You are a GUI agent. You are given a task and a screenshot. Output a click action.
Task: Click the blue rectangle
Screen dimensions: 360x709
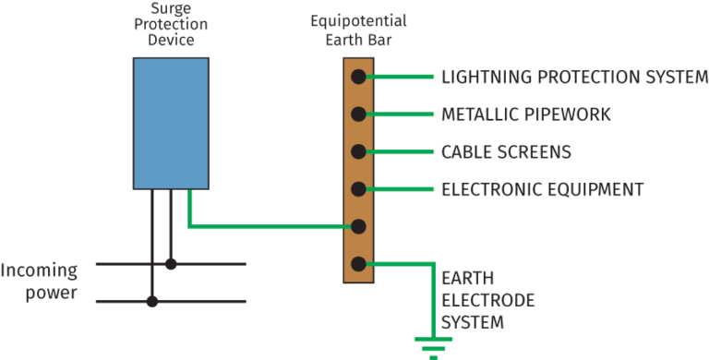pyautogui.click(x=171, y=123)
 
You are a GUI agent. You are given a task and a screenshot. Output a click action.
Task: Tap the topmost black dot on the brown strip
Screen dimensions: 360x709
pyautogui.click(x=358, y=77)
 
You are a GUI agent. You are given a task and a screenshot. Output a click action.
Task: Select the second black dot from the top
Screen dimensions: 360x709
pyautogui.click(x=358, y=114)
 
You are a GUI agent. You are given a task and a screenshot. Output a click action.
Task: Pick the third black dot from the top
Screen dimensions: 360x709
pyautogui.click(x=358, y=151)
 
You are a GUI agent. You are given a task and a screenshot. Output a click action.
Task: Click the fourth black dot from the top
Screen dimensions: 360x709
pyautogui.click(x=358, y=189)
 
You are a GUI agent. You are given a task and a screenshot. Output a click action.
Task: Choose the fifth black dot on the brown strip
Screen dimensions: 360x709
pyautogui.click(x=358, y=226)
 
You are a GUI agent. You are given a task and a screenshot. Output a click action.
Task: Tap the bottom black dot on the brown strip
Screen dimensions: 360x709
pyautogui.click(x=358, y=264)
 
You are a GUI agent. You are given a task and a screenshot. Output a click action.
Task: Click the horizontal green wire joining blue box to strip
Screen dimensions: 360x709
pyautogui.click(x=268, y=226)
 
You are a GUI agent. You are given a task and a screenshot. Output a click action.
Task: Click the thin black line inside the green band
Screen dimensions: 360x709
pyautogui.click(x=203, y=302)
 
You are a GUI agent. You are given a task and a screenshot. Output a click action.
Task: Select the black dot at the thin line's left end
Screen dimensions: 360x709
pyautogui.click(x=153, y=302)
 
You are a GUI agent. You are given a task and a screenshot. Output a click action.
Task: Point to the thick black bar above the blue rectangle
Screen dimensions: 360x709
pyautogui.click(x=354, y=51)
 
